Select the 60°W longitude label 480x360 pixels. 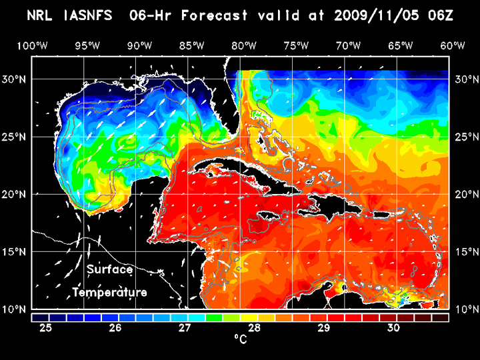[453, 45]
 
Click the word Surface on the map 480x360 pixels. [109, 270]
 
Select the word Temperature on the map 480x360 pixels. [110, 293]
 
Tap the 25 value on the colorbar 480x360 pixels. [45, 328]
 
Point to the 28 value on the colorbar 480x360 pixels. [255, 328]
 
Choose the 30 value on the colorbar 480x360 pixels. [393, 328]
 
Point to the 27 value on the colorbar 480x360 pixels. [185, 328]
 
